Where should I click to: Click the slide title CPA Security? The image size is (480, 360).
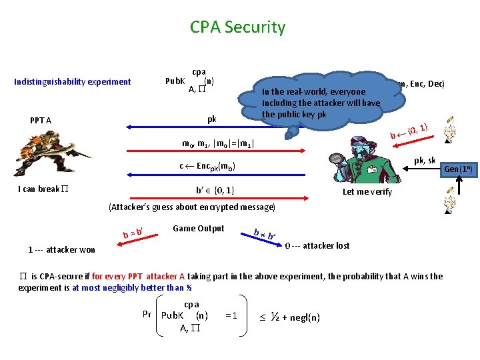tap(237, 27)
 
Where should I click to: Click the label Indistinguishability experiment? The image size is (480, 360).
tap(73, 82)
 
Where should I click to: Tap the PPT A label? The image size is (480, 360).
tap(41, 121)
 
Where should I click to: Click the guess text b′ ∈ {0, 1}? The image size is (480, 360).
tap(215, 189)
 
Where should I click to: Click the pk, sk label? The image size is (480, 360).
tap(425, 161)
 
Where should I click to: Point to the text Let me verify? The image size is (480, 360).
tap(367, 192)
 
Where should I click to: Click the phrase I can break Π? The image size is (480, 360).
tap(43, 189)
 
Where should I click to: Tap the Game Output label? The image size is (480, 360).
tap(198, 229)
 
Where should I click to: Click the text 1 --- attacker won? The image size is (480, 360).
tap(61, 250)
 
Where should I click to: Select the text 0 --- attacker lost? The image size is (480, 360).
tap(317, 245)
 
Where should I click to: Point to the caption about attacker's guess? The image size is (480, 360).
tap(192, 207)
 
